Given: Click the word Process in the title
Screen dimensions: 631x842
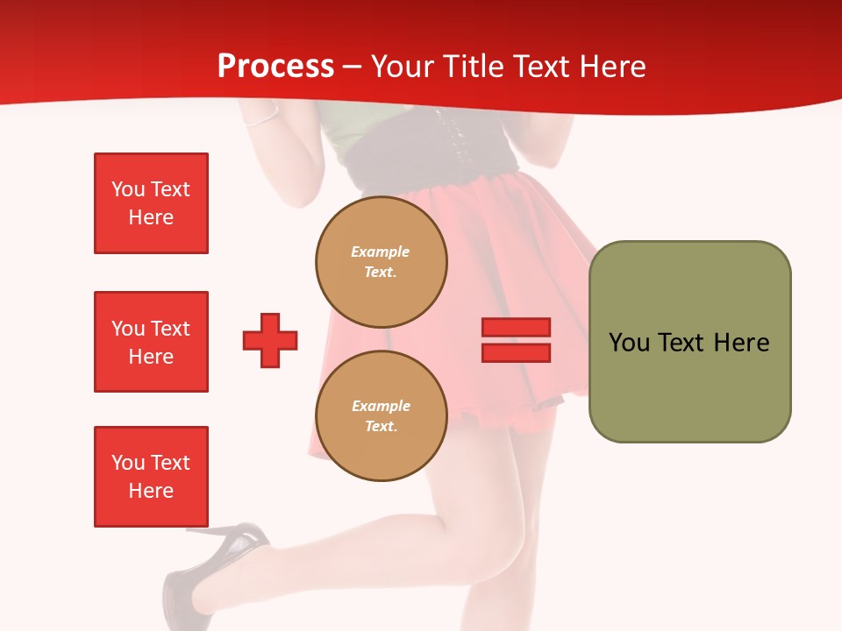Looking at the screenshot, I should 275,67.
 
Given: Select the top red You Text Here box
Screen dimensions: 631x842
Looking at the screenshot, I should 151,203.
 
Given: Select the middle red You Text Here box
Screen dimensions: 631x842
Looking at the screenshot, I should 151,342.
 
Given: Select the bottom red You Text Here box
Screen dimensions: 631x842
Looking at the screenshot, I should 151,477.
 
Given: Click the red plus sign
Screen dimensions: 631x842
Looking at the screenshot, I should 270,340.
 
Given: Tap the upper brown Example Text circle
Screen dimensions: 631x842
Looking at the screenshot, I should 382,262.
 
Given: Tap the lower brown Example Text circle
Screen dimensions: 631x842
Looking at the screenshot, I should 382,416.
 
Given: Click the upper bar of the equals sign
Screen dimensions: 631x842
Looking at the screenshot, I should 516,327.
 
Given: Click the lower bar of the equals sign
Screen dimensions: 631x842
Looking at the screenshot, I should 516,353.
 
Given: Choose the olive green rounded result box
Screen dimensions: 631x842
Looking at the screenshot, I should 689,342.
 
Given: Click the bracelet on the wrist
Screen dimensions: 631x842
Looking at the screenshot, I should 261,118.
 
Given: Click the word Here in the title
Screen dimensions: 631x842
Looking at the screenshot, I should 611,67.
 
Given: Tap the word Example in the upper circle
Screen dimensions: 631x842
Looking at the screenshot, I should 381,252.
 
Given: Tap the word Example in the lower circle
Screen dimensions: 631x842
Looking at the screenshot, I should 381,406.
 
